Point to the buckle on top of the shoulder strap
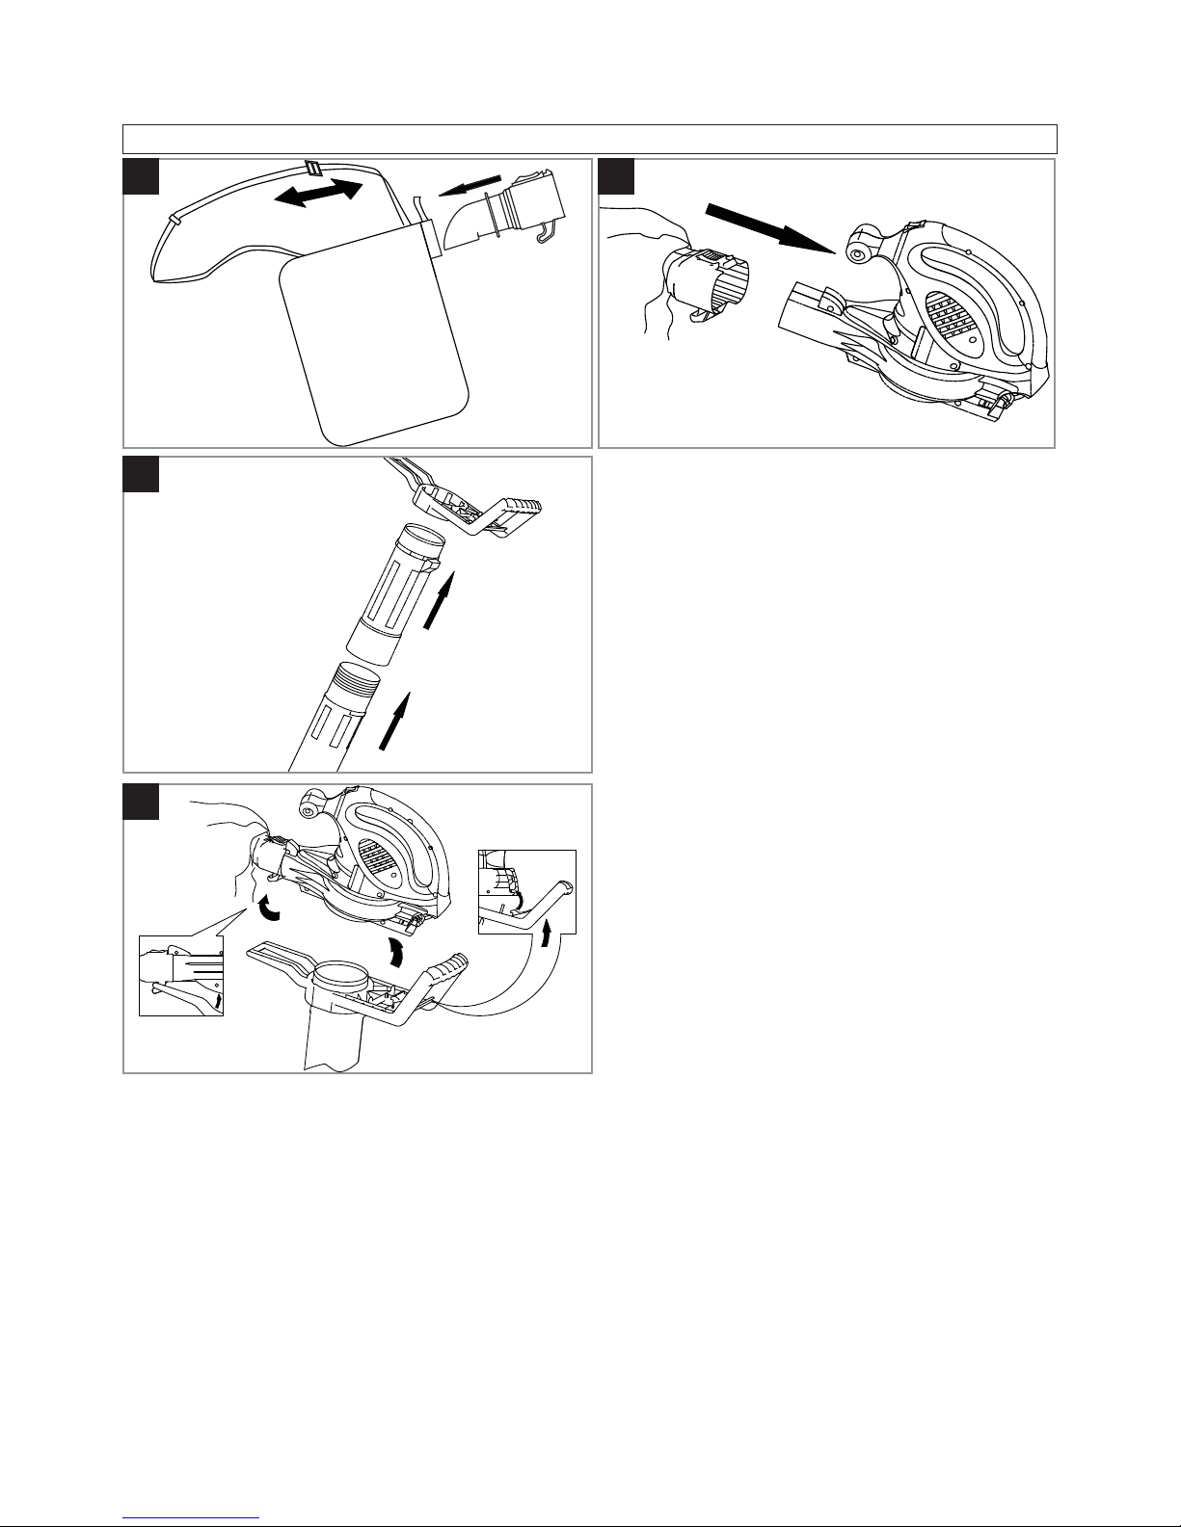point(312,168)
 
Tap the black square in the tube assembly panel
point(141,475)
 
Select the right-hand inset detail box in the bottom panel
point(526,891)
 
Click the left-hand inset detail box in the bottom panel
point(181,975)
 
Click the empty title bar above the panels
point(589,139)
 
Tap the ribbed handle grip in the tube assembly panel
point(520,506)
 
